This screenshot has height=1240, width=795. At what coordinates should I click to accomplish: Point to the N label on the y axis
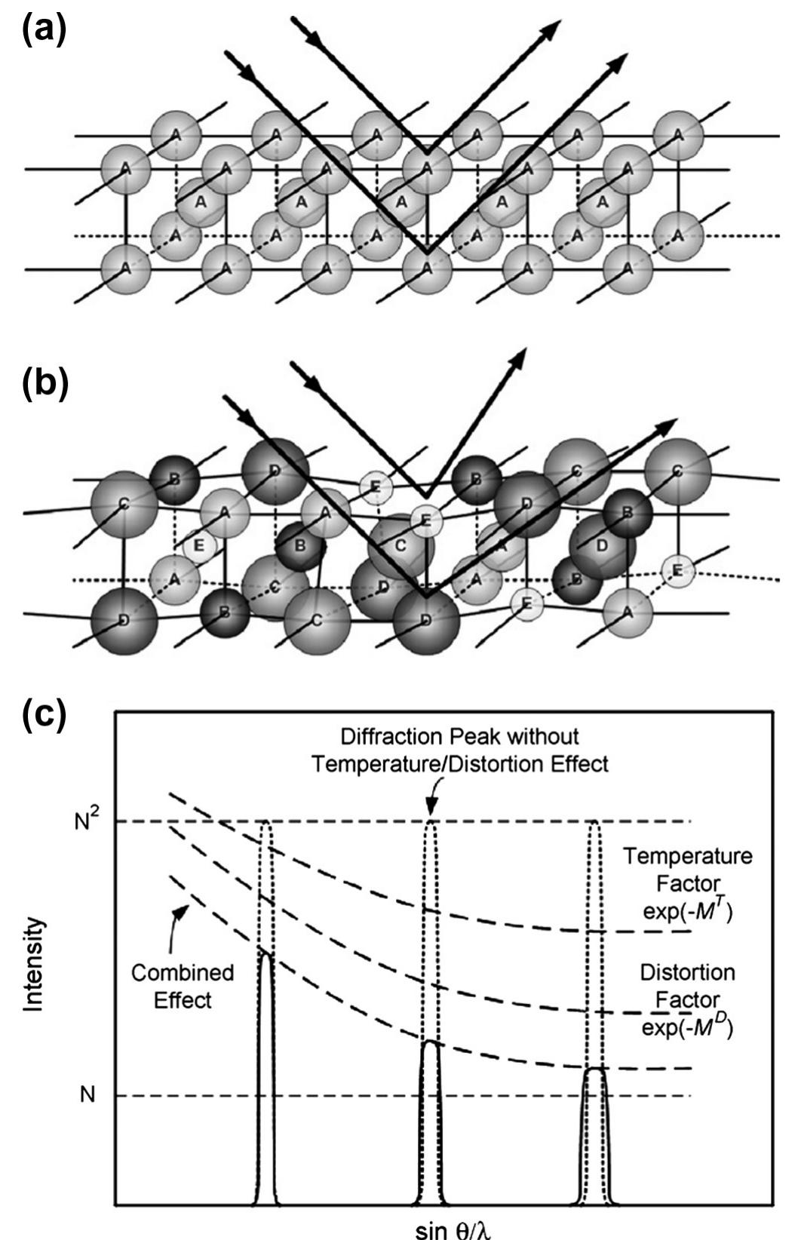pos(87,1094)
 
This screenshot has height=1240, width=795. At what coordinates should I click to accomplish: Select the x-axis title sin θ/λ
pos(456,1227)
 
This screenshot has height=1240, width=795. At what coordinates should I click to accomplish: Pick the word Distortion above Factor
pos(687,972)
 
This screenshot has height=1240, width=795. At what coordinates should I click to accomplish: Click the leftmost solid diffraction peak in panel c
pos(265,1071)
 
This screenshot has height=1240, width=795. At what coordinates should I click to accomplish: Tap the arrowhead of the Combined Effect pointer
pos(180,912)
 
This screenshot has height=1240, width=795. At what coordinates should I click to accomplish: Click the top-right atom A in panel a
pos(678,135)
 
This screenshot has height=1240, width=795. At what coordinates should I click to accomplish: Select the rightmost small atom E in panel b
pos(676,571)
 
